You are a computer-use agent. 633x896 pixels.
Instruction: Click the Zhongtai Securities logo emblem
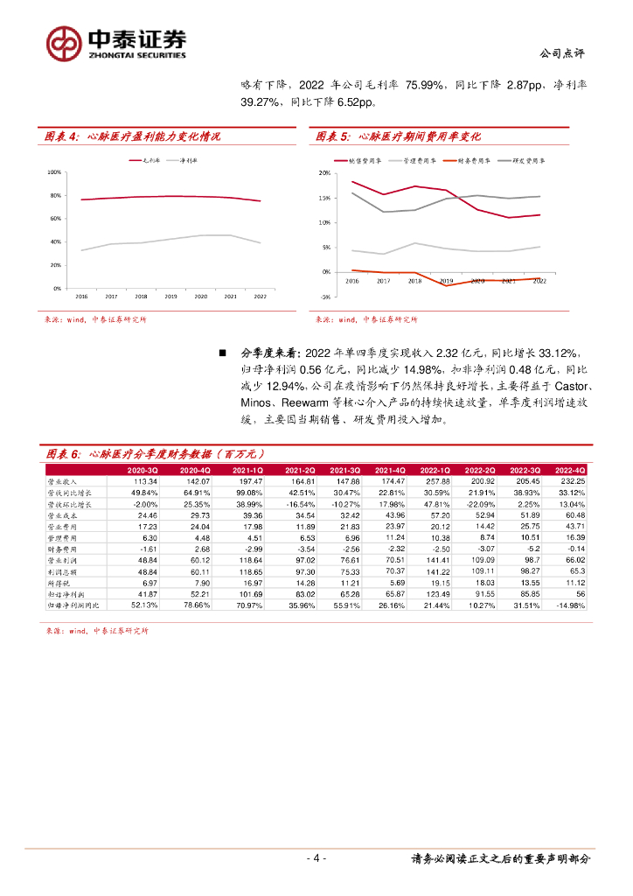63,42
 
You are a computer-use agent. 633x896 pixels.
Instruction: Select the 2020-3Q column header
142,470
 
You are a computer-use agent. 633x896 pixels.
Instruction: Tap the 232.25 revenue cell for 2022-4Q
572,481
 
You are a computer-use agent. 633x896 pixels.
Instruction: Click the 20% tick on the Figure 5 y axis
323,173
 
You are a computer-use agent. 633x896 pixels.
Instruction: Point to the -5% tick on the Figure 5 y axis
324,297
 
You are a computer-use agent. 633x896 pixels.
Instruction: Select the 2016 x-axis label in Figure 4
81,297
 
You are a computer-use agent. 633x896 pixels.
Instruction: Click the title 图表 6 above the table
63,454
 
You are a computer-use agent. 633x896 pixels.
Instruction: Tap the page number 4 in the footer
319,858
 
